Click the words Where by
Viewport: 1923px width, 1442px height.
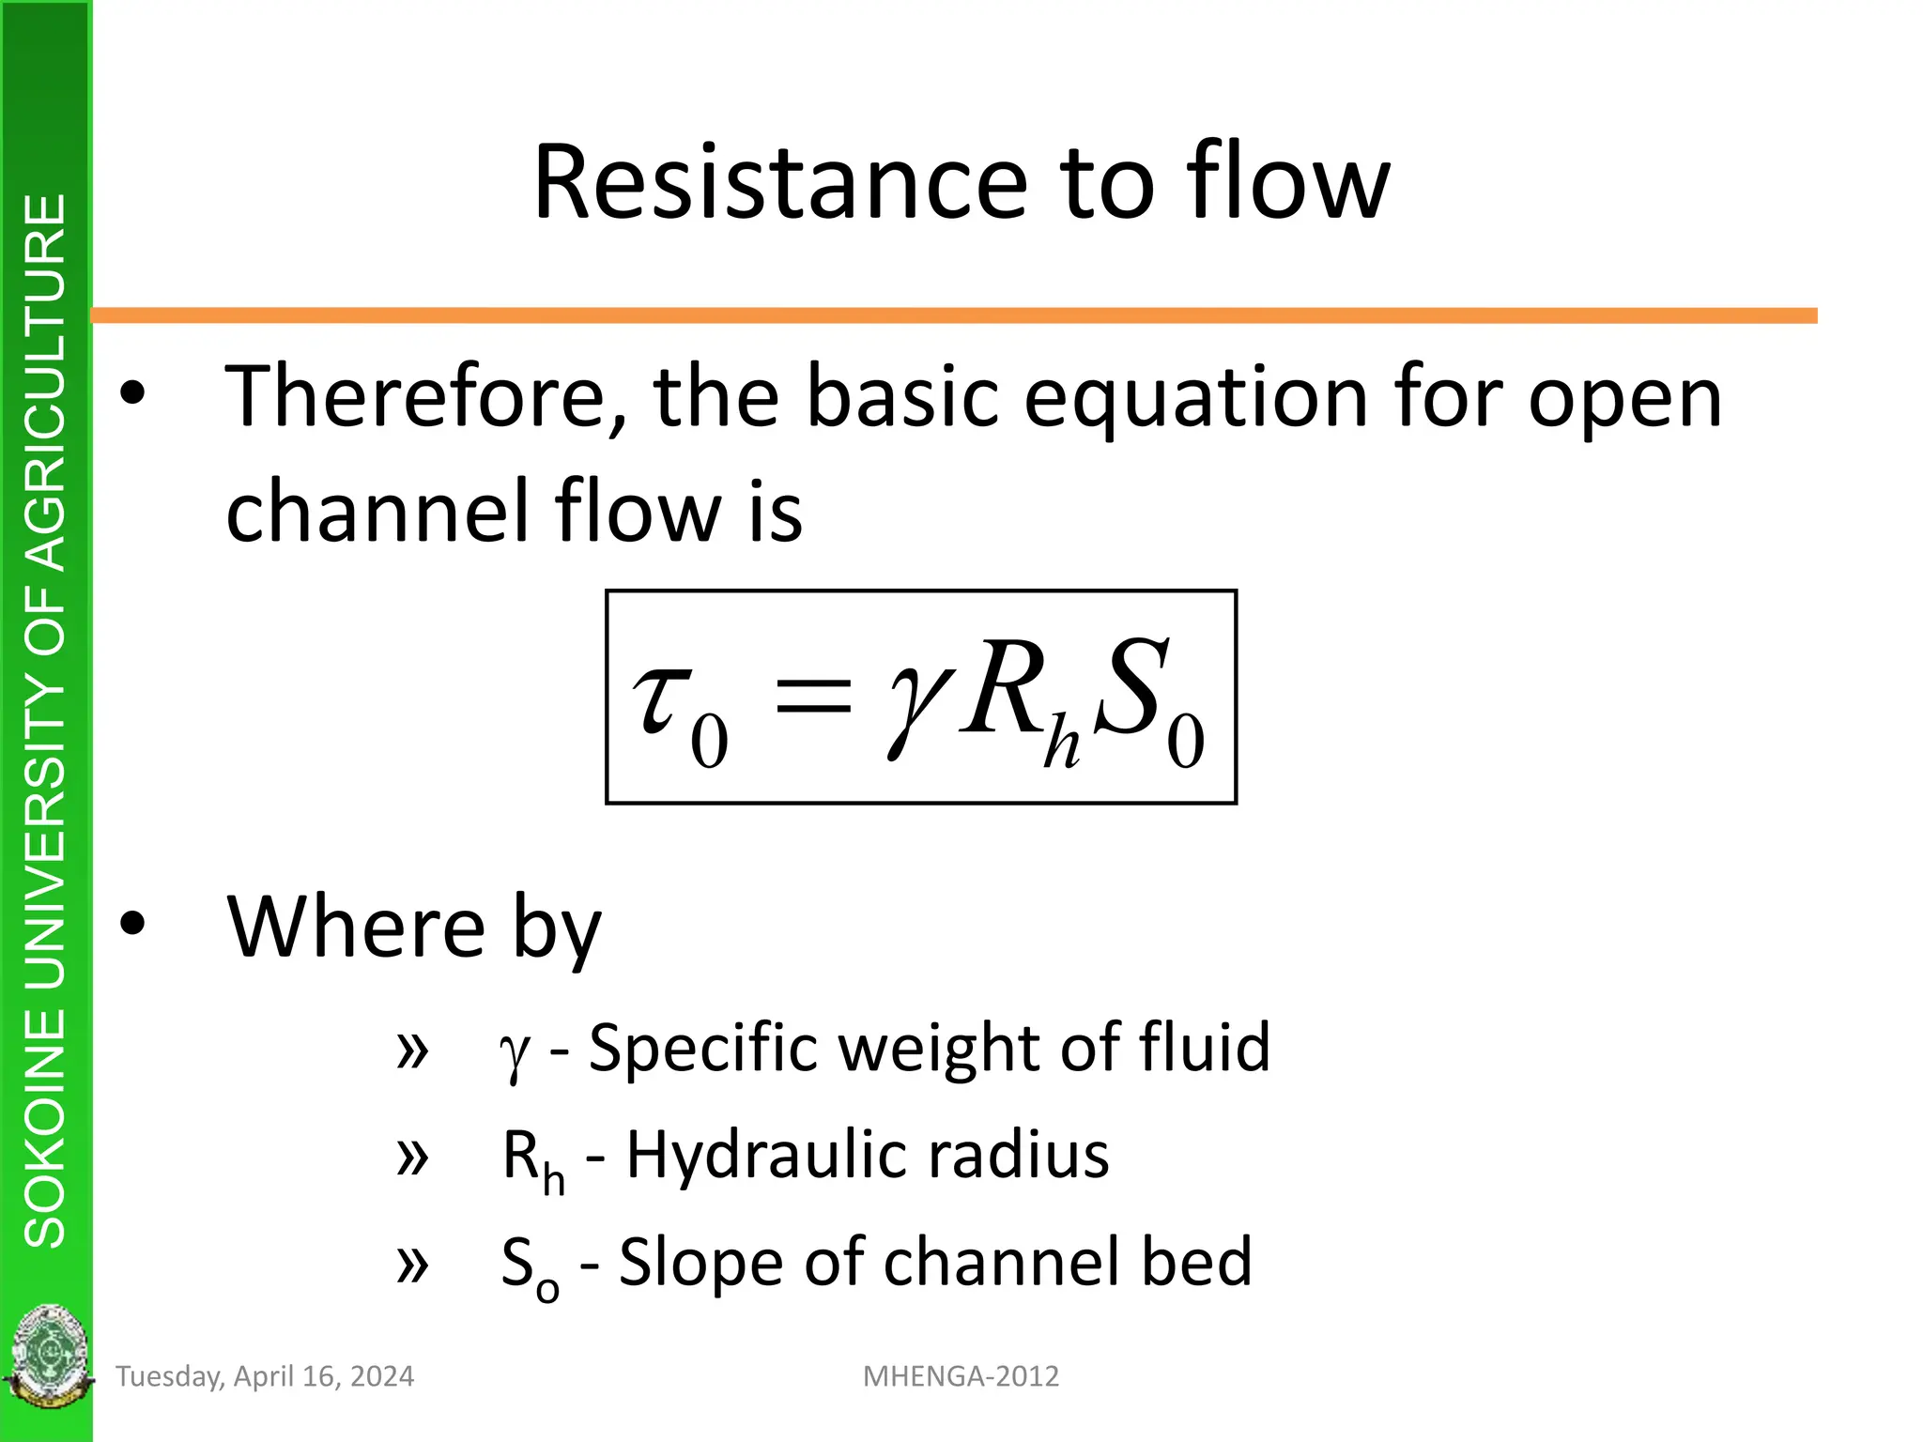(413, 928)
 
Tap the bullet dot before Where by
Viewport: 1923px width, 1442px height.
(133, 924)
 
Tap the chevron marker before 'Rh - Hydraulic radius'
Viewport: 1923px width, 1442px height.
(412, 1157)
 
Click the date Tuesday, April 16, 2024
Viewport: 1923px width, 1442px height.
(264, 1376)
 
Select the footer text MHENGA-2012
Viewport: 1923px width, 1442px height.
(961, 1376)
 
